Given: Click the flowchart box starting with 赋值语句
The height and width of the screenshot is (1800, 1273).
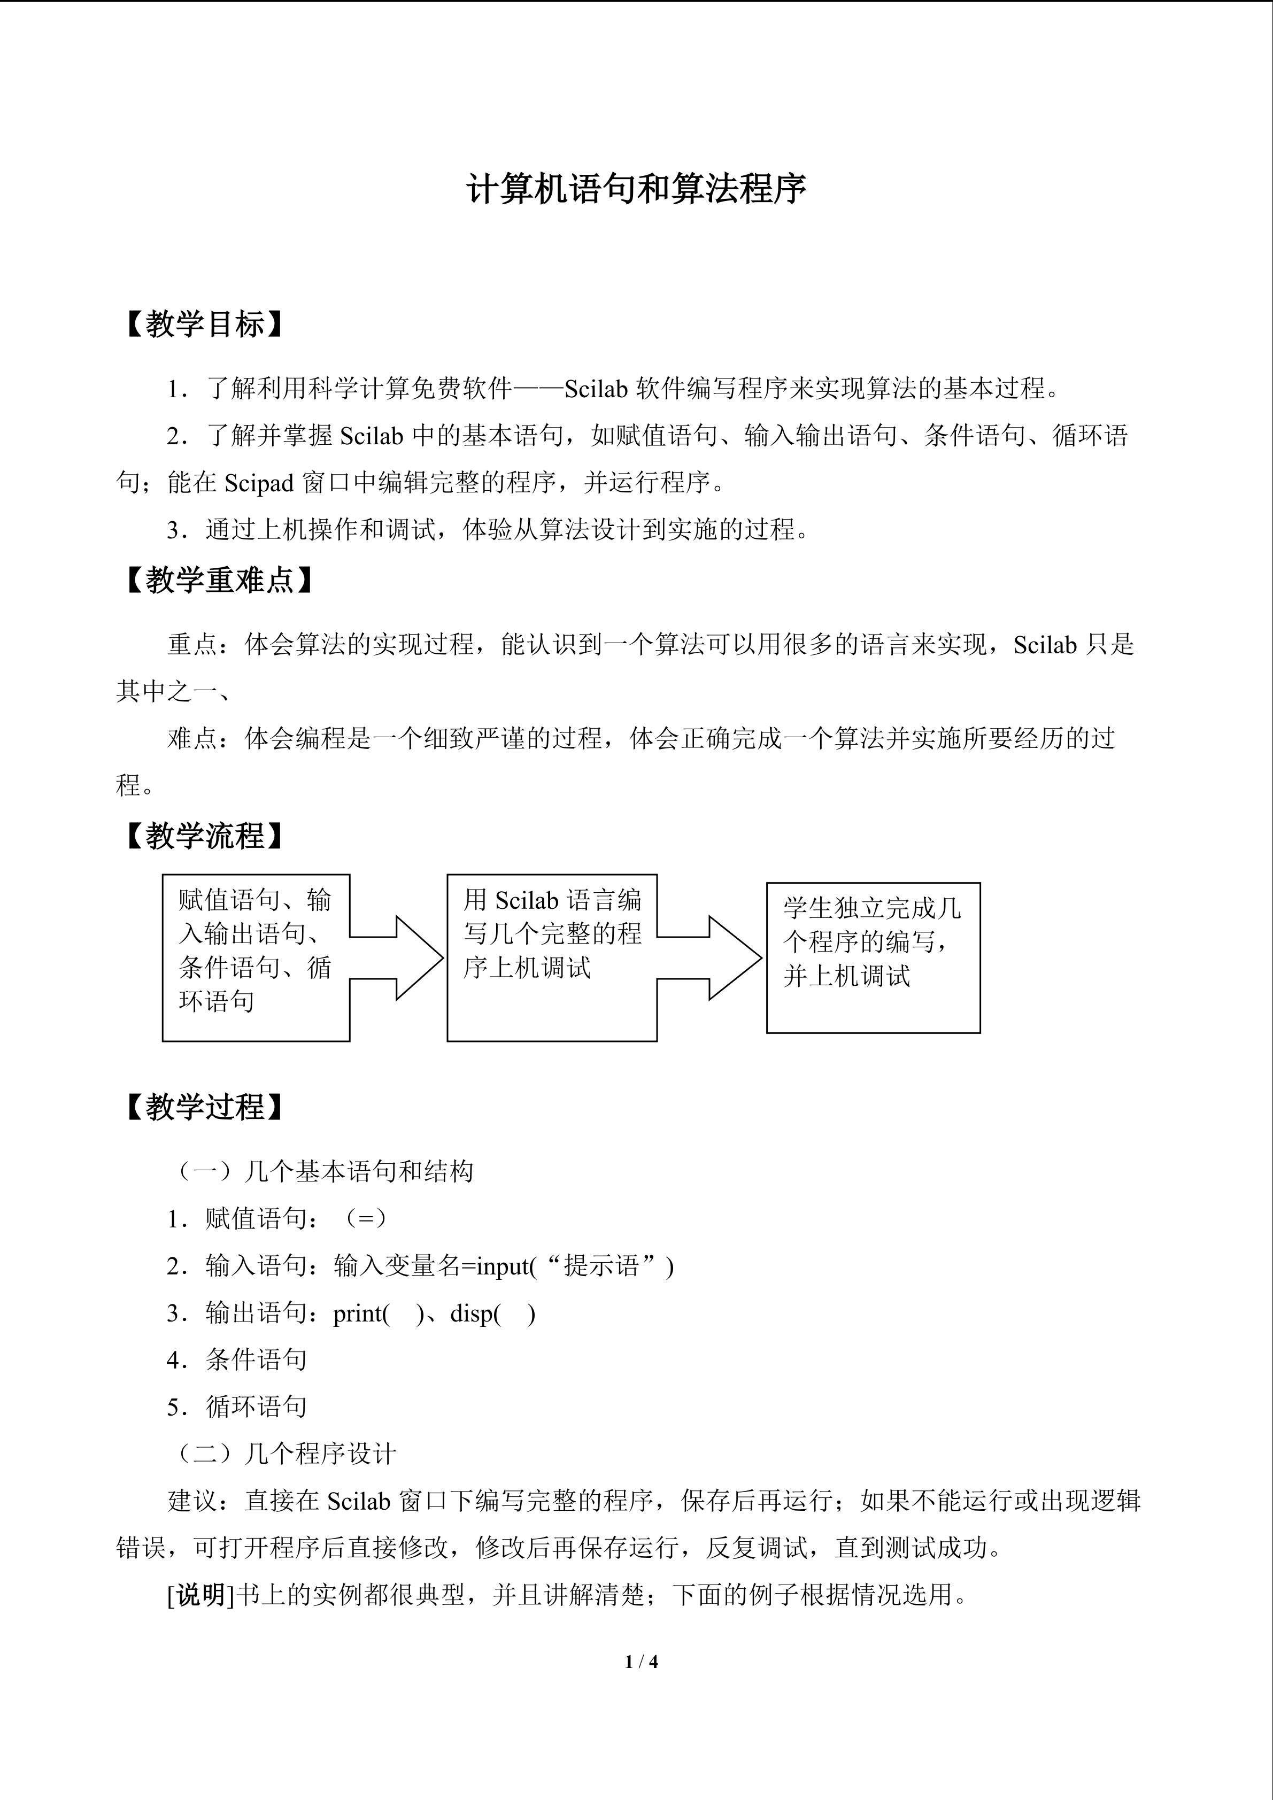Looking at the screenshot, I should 256,958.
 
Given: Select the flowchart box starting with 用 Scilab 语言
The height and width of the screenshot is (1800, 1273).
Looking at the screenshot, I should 551,958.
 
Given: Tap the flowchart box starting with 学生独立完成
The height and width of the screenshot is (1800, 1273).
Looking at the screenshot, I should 873,958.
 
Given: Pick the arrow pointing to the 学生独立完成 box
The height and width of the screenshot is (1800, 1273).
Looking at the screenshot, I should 710,958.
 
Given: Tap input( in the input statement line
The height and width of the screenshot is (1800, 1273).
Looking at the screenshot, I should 506,1267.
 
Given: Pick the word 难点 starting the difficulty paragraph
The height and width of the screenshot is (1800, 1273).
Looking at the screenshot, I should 192,738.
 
